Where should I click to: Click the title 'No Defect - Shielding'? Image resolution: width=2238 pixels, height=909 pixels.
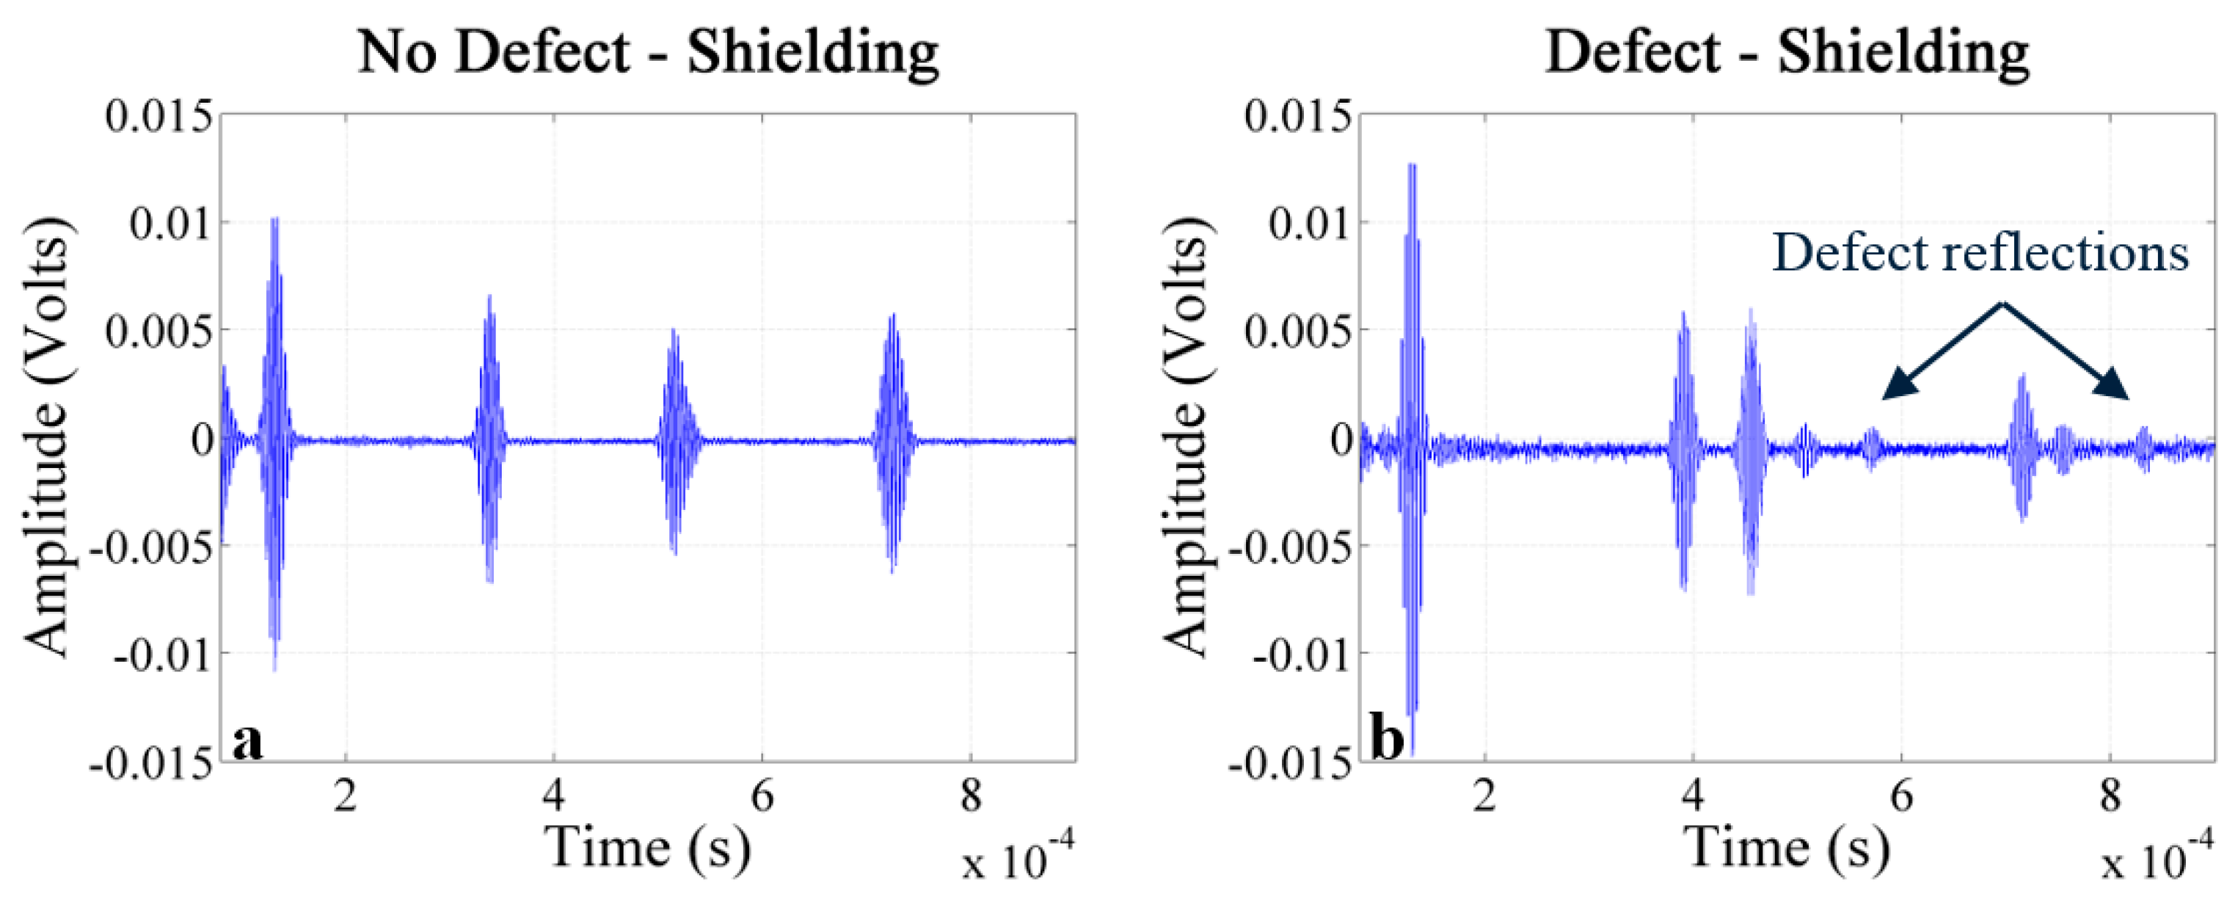click(x=648, y=52)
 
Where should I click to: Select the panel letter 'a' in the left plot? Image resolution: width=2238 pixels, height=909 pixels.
click(x=247, y=741)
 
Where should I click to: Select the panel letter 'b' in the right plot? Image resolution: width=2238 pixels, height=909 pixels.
click(x=1387, y=741)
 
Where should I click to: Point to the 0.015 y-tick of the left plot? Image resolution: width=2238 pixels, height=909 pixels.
click(x=159, y=116)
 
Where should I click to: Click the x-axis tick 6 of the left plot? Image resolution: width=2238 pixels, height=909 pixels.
click(x=762, y=795)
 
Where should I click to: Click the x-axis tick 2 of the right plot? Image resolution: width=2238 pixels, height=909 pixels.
click(x=1484, y=795)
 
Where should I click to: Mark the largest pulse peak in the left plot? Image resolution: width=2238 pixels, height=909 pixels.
click(x=274, y=221)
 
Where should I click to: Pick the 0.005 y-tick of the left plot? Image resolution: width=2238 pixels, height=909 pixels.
click(x=159, y=331)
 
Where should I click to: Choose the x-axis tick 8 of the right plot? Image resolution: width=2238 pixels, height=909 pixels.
click(x=2110, y=795)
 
